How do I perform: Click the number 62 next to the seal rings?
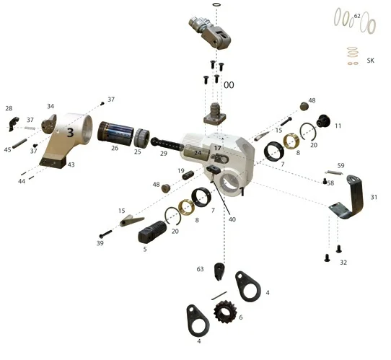[x=357, y=15]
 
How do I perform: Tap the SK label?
[x=371, y=61]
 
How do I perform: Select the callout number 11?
[x=338, y=126]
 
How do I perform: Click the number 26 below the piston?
[x=114, y=149]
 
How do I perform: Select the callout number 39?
[x=100, y=244]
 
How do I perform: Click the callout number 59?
[x=341, y=166]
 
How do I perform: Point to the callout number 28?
[x=9, y=109]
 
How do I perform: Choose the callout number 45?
[x=7, y=150]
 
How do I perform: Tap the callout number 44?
[x=22, y=181]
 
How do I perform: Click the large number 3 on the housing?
[x=71, y=132]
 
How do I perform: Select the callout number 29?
[x=164, y=154]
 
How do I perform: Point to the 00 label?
[x=229, y=85]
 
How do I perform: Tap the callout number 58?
[x=330, y=183]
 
